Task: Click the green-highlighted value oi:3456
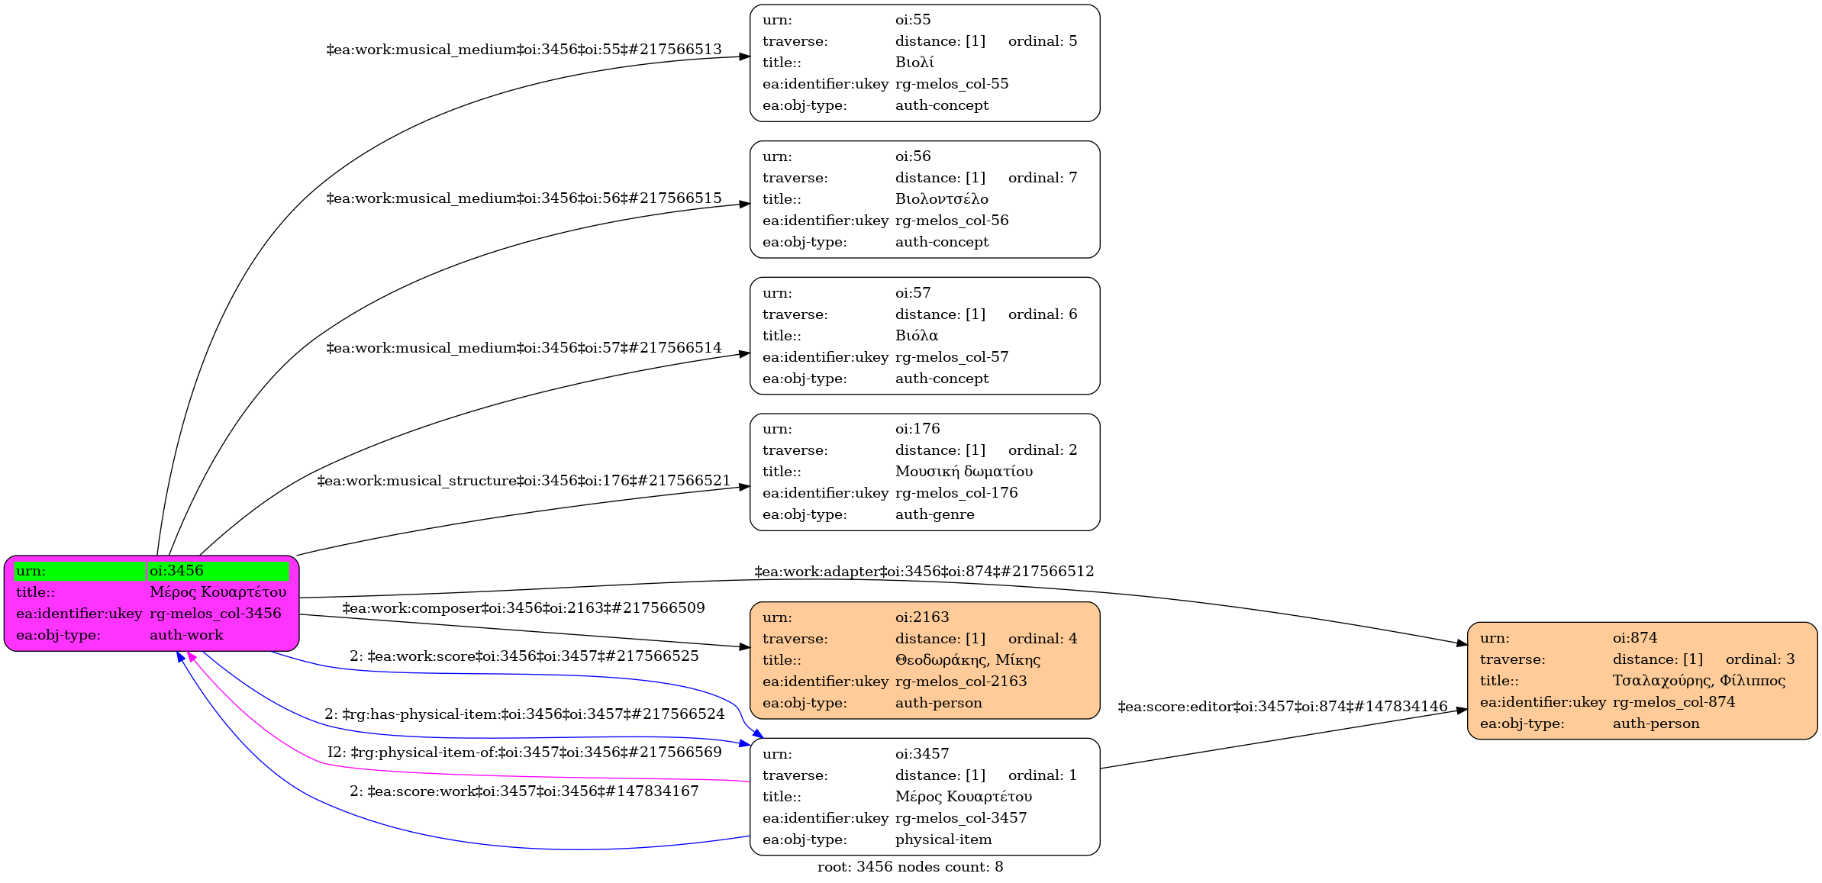point(176,571)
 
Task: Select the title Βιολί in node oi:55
point(914,63)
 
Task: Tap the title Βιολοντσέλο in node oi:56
point(941,199)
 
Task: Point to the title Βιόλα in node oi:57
point(916,336)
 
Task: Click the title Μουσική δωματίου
point(963,472)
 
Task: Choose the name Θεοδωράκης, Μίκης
point(967,660)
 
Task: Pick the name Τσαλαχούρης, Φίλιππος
point(1698,681)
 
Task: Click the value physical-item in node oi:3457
point(943,839)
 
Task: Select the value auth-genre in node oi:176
point(934,514)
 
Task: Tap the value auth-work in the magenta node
point(186,635)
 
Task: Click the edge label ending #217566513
point(524,50)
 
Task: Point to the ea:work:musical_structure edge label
point(524,481)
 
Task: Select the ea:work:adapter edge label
point(924,572)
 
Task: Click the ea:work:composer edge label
point(524,608)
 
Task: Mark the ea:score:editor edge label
point(1282,707)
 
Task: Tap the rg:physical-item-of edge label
point(524,752)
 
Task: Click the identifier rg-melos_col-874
point(1673,702)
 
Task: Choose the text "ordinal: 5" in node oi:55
point(1043,41)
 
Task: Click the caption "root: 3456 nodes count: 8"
point(910,867)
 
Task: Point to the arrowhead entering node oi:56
point(745,205)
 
